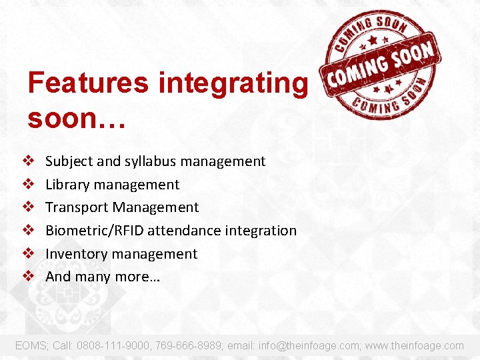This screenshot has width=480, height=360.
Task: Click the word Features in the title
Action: pyautogui.click(x=88, y=83)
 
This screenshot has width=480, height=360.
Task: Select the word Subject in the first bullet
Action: pyautogui.click(x=69, y=161)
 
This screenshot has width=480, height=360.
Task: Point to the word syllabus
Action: pyautogui.click(x=150, y=161)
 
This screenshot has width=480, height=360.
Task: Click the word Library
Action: pyautogui.click(x=67, y=185)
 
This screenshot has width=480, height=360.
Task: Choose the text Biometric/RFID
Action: pyautogui.click(x=95, y=231)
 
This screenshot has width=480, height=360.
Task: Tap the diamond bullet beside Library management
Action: pyautogui.click(x=29, y=185)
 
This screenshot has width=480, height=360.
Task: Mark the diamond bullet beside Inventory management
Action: pyautogui.click(x=29, y=254)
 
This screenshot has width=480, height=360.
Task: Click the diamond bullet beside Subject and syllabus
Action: pyautogui.click(x=29, y=161)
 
